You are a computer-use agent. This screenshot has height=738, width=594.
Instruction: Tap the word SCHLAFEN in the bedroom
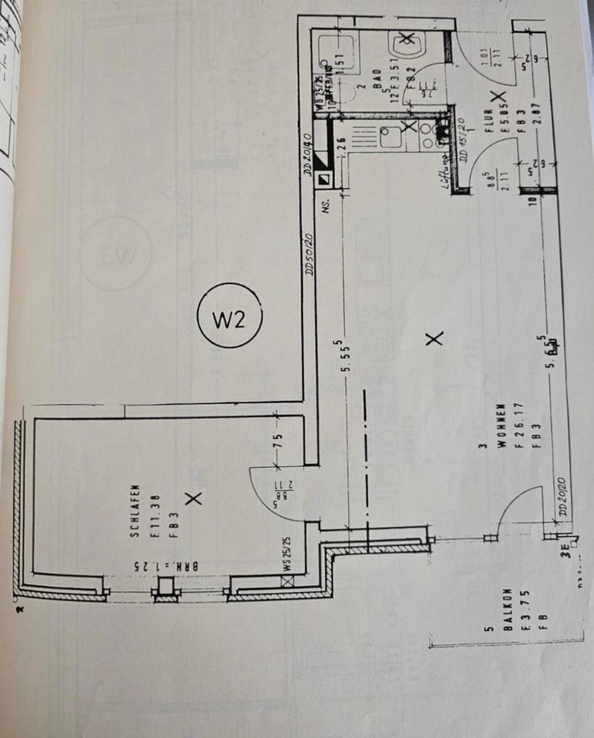point(134,512)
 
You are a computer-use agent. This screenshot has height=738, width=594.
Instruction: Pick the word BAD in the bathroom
point(378,82)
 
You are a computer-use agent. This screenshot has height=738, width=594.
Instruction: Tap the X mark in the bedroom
point(194,500)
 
